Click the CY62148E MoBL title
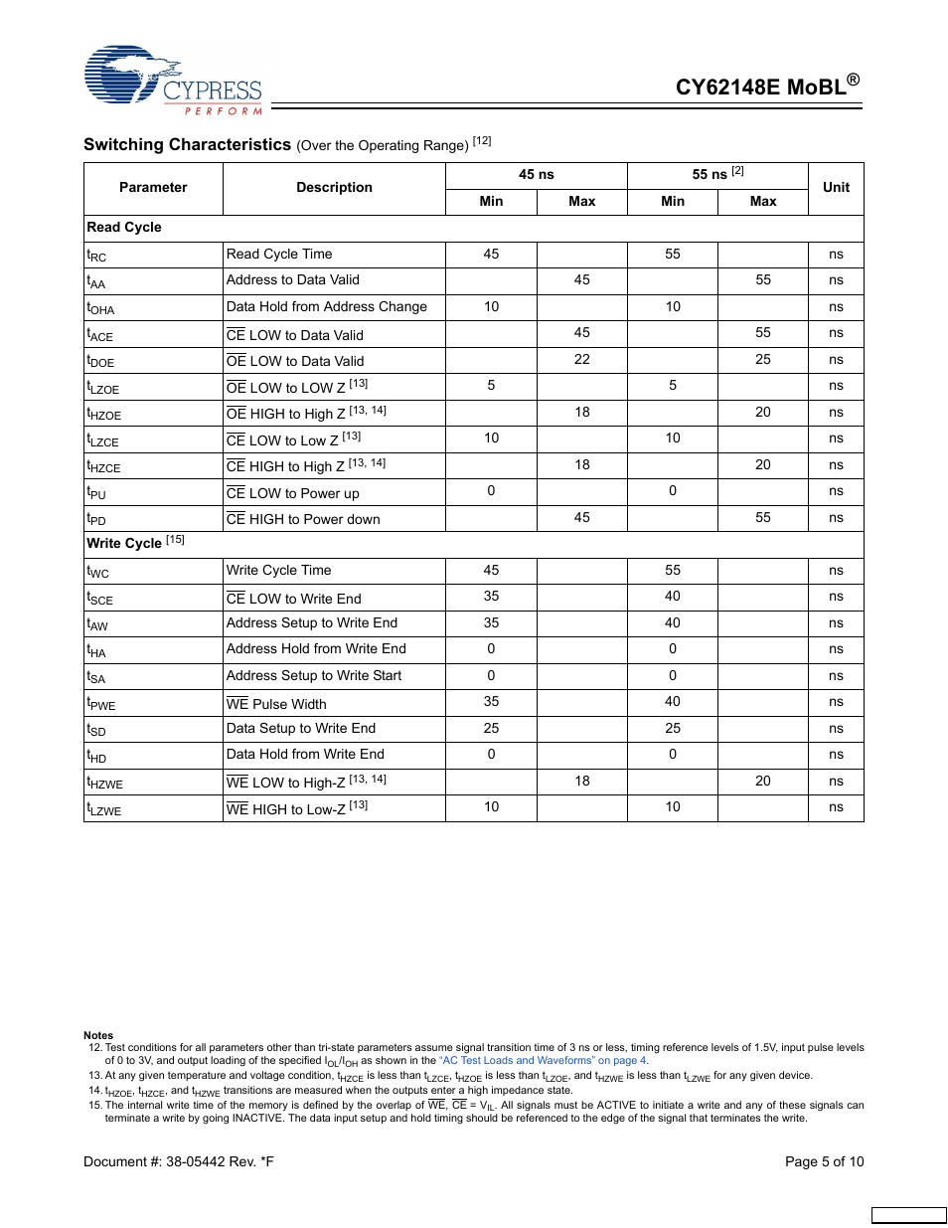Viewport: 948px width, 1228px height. (x=766, y=87)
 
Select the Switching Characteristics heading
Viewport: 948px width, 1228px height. (x=187, y=145)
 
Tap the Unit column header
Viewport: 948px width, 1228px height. (x=836, y=187)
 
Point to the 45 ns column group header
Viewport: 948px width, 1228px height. (x=536, y=175)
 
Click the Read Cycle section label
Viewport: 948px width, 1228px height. (x=124, y=228)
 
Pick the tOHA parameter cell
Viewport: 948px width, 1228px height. (x=100, y=308)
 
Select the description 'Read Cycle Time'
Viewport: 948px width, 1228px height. (x=279, y=255)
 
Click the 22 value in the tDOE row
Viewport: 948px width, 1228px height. (x=581, y=360)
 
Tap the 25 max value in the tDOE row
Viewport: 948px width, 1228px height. (x=762, y=360)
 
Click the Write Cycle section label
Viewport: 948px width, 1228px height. (x=124, y=543)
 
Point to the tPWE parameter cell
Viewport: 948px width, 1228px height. (x=101, y=703)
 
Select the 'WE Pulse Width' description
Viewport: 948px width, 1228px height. (x=276, y=704)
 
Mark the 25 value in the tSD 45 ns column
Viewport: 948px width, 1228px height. (x=491, y=729)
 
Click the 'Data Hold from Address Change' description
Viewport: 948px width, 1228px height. (x=326, y=307)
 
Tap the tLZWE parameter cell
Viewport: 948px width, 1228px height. (x=104, y=809)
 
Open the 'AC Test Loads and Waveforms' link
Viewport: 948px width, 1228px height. (x=543, y=1061)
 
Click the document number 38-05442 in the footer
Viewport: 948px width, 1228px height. (x=179, y=1161)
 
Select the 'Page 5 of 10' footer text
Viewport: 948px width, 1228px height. (x=824, y=1161)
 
